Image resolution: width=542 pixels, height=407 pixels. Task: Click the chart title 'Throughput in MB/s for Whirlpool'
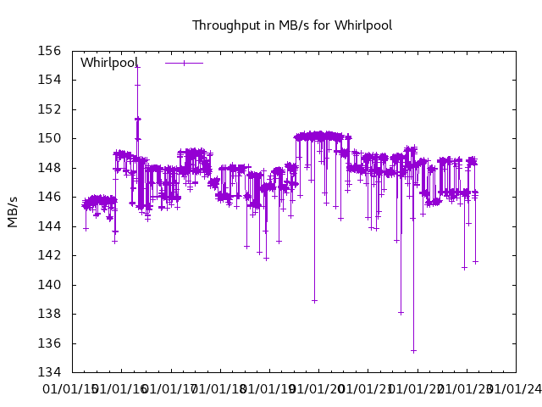(291, 25)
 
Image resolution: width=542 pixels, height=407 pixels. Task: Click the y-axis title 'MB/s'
(13, 212)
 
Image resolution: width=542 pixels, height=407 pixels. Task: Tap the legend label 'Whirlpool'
(108, 63)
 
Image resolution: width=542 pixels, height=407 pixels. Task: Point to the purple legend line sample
(184, 63)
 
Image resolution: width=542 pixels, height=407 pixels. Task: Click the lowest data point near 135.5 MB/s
(413, 350)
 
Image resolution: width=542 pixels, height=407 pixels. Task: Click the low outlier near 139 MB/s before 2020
(314, 300)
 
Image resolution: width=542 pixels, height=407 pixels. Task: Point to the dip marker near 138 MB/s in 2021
(401, 313)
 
